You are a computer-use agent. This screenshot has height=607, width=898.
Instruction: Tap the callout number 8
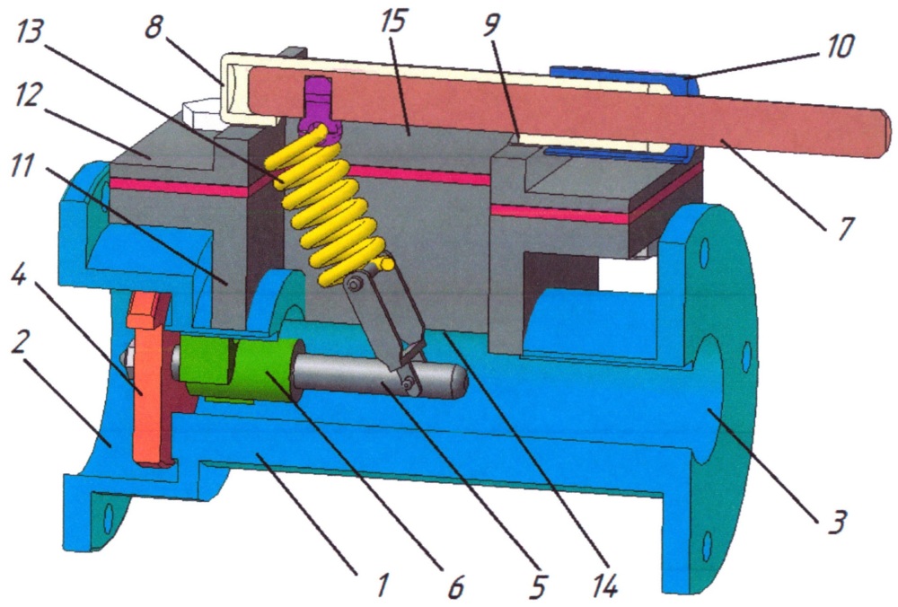tap(154, 27)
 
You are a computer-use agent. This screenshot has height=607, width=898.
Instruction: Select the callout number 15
tap(392, 22)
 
